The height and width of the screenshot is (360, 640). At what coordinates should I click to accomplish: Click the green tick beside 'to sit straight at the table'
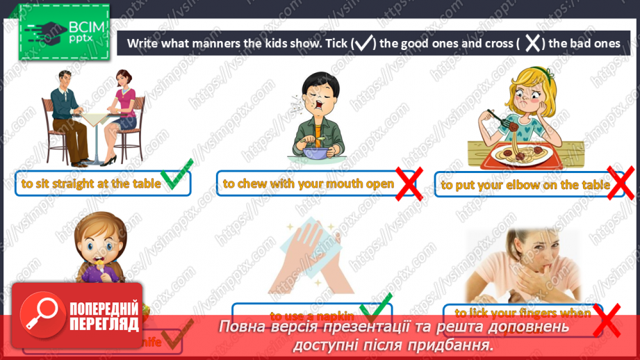point(176,179)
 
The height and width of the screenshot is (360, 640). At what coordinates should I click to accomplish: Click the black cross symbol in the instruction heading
point(532,43)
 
